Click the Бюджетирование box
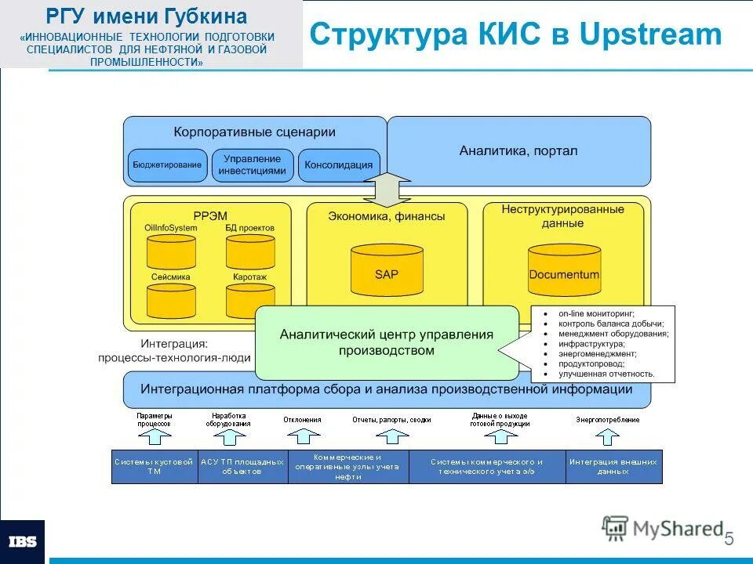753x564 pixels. click(167, 165)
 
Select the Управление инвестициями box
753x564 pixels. click(252, 165)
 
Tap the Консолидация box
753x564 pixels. click(338, 165)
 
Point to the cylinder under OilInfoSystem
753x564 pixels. click(172, 251)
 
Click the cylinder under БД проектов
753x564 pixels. click(250, 251)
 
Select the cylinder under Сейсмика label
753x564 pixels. click(172, 300)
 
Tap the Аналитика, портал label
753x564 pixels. click(518, 150)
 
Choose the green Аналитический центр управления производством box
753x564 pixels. click(387, 342)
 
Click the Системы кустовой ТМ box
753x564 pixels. click(154, 467)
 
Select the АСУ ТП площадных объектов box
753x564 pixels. click(242, 467)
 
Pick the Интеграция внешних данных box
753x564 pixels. click(613, 467)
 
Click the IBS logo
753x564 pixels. click(21, 541)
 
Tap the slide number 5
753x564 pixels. click(729, 539)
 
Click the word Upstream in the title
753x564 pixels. click(650, 34)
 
